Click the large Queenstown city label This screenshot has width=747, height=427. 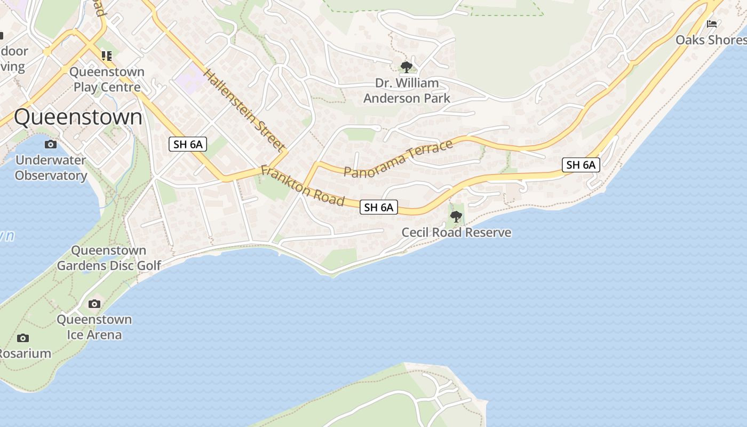tap(78, 117)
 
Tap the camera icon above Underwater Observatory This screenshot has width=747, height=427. tap(51, 144)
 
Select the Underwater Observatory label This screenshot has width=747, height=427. tap(51, 168)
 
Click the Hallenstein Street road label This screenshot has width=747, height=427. tap(243, 110)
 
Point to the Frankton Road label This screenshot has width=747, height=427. tap(302, 185)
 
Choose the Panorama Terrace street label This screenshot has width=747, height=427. tap(399, 158)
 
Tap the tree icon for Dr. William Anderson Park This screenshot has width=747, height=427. tap(407, 67)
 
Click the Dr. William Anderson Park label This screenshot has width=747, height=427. tap(407, 91)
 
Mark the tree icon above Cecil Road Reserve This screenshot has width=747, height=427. tap(456, 216)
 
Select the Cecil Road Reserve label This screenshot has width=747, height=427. tap(456, 233)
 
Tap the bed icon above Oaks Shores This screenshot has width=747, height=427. tap(711, 24)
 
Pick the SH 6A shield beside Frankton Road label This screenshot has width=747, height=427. tap(379, 207)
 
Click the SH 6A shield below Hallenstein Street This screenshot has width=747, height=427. tap(188, 144)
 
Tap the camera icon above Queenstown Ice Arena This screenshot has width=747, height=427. tap(94, 304)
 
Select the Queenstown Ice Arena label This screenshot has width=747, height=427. tap(94, 327)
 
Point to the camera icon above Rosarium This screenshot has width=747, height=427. tap(22, 338)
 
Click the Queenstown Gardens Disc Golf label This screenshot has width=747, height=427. tap(109, 258)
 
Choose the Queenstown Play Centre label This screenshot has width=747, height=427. tap(107, 79)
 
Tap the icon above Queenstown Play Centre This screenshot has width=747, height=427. tap(107, 56)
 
